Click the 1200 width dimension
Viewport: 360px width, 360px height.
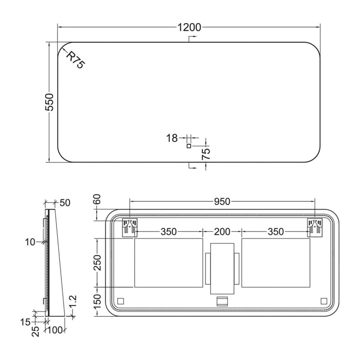[x=189, y=27]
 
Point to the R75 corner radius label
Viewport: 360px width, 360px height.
[x=76, y=60]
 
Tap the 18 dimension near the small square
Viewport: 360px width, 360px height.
[x=172, y=138]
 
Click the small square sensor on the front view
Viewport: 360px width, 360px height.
[x=189, y=146]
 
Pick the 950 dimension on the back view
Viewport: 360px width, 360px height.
[x=222, y=202]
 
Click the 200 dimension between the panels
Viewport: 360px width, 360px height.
[x=222, y=231]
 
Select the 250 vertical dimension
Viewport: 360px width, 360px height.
[x=98, y=263]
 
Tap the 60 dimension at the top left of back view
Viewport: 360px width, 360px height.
[x=98, y=199]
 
